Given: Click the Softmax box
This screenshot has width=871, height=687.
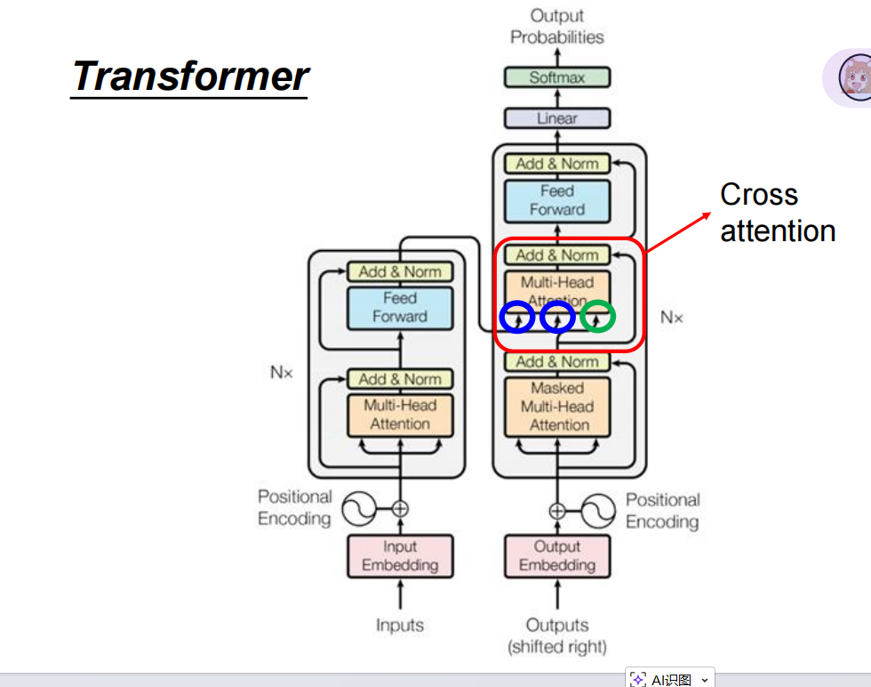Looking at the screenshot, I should tap(557, 77).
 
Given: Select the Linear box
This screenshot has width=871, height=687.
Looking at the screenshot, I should tap(557, 117).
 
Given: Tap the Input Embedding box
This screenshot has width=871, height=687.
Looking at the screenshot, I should tap(400, 556).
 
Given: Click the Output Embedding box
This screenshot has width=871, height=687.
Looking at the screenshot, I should tap(557, 556).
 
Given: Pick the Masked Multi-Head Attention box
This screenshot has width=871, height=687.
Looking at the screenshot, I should tap(557, 407).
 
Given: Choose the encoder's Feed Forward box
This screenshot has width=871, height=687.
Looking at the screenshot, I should tap(400, 308).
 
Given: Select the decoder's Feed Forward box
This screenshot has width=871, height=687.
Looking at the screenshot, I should tap(557, 200).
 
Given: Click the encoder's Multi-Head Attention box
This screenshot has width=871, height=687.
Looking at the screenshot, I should tap(400, 415).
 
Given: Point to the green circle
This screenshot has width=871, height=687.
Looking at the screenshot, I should tap(597, 317).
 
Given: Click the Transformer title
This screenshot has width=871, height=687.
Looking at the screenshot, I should tap(190, 77).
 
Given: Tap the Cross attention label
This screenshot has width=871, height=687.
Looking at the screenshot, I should tap(777, 213).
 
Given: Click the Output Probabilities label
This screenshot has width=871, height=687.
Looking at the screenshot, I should tap(557, 27).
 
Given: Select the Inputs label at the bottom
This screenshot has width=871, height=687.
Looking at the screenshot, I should tap(400, 626).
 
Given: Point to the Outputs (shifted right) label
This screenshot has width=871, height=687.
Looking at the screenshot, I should tap(557, 635).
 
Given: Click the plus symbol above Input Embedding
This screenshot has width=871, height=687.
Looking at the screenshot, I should tap(400, 509).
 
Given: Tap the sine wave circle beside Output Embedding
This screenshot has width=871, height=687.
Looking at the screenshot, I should tap(598, 510).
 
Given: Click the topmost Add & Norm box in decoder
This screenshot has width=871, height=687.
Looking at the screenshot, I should tap(557, 164).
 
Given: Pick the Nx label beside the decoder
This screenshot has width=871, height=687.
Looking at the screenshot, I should tap(672, 317).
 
